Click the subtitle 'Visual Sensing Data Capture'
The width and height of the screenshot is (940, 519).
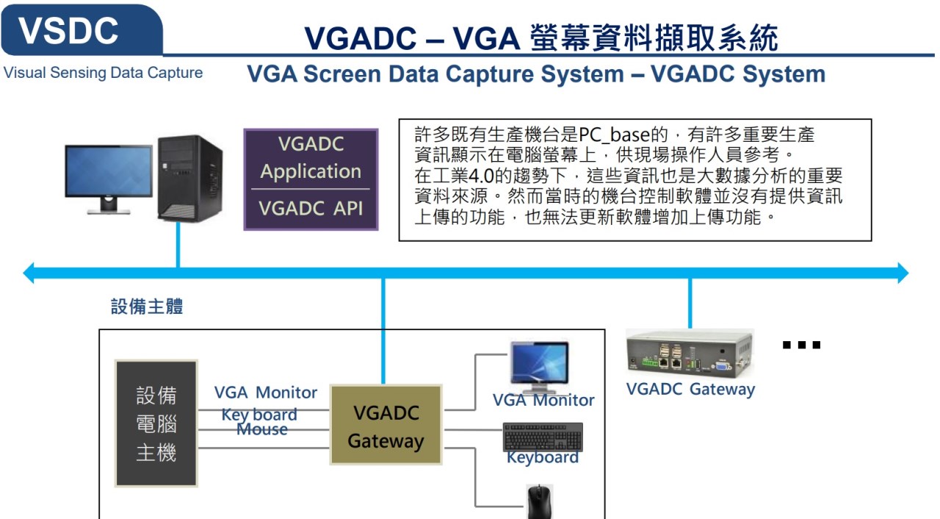pos(104,73)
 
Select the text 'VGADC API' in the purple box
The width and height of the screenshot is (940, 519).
pos(311,208)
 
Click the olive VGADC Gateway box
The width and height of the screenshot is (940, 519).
pos(386,426)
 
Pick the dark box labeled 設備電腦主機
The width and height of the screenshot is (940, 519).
pos(156,423)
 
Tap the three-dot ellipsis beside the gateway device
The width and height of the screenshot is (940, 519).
pos(801,345)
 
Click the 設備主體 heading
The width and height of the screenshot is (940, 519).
pos(147,307)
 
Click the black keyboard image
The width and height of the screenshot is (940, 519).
pos(543,437)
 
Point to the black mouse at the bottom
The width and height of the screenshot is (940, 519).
pos(539,502)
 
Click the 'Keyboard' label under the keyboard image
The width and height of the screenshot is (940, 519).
pos(543,458)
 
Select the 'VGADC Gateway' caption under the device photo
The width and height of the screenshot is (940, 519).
pos(690,390)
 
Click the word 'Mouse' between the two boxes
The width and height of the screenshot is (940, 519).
pos(262,429)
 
